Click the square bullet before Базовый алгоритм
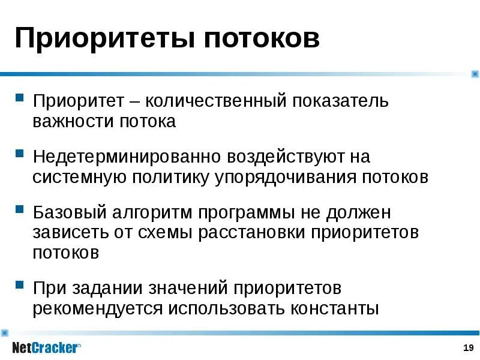coord(20,211)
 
